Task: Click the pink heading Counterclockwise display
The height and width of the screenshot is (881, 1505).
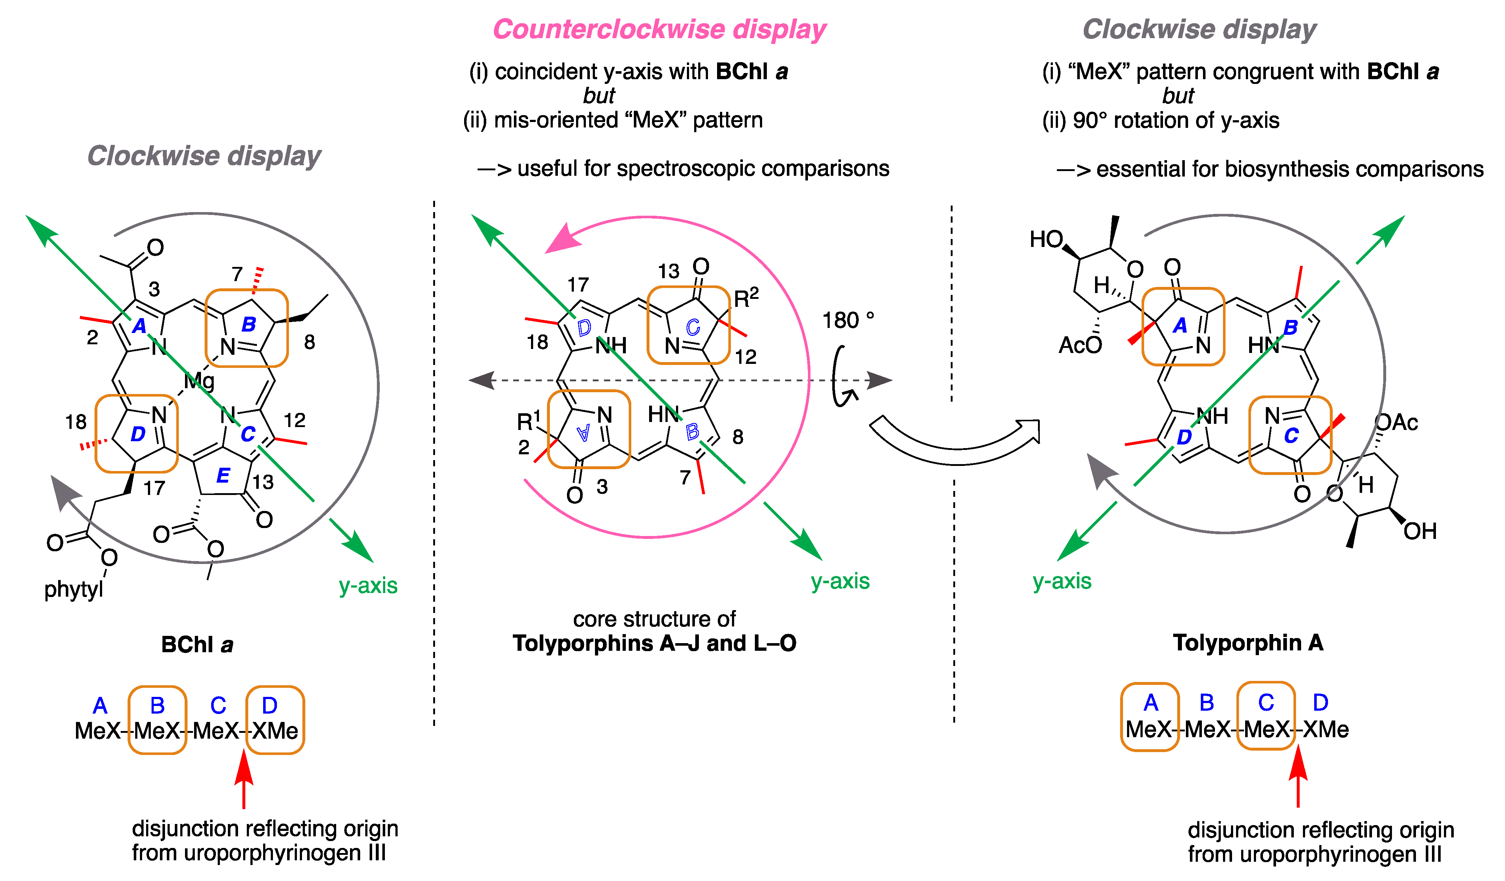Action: coord(659,29)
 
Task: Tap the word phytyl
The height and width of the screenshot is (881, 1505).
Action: coord(73,589)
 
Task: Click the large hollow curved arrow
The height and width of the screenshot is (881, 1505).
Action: coord(955,442)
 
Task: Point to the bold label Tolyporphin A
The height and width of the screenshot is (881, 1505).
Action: coord(1248,643)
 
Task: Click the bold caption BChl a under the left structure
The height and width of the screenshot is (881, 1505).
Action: coord(197,645)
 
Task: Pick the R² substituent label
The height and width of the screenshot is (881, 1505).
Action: coord(746,297)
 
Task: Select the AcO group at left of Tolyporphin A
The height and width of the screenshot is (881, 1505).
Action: coord(1080,345)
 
